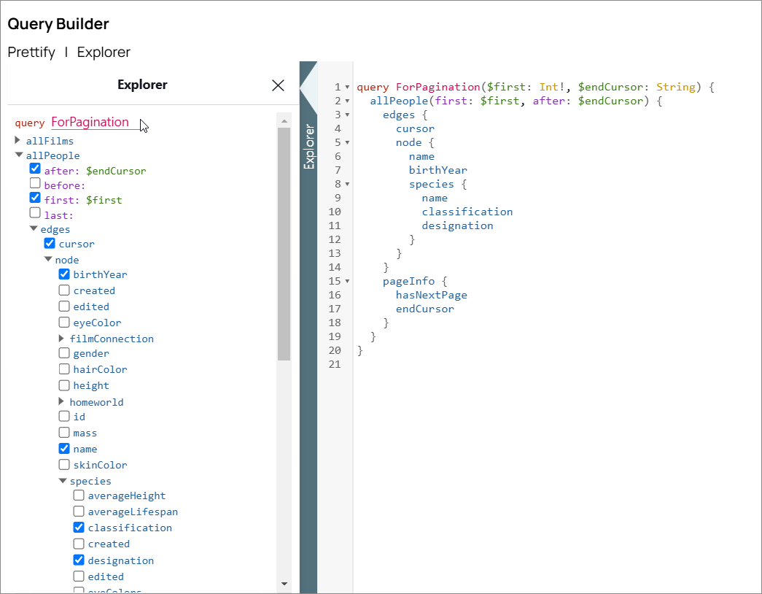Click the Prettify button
pyautogui.click(x=31, y=53)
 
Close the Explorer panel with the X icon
pyautogui.click(x=278, y=85)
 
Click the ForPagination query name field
pyautogui.click(x=90, y=122)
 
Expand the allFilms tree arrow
pyautogui.click(x=18, y=140)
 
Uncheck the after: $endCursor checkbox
pyautogui.click(x=35, y=169)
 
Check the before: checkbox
pyautogui.click(x=35, y=184)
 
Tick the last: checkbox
pyautogui.click(x=35, y=213)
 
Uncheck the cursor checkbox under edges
pyautogui.click(x=50, y=243)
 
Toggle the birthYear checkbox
pyautogui.click(x=64, y=274)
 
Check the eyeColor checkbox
pyautogui.click(x=64, y=323)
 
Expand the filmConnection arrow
pyautogui.click(x=62, y=339)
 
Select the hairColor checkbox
pyautogui.click(x=64, y=369)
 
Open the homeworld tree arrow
pyautogui.click(x=62, y=402)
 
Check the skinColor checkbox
pyautogui.click(x=64, y=465)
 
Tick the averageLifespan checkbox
pyautogui.click(x=79, y=512)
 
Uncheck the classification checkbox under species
pyautogui.click(x=79, y=528)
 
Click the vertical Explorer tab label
pyautogui.click(x=309, y=147)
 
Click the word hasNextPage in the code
pyautogui.click(x=431, y=295)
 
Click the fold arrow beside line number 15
pyautogui.click(x=347, y=281)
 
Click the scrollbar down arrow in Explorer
pyautogui.click(x=284, y=584)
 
